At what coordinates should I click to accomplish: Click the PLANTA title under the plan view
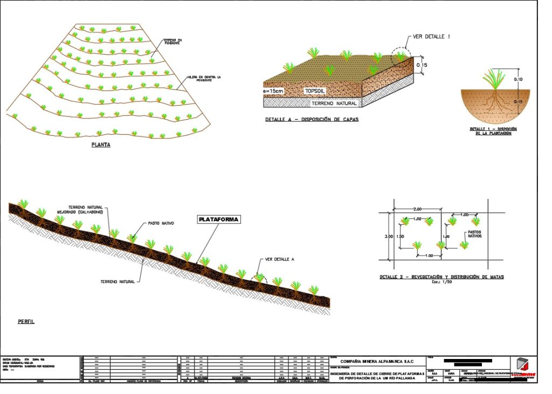coord(101,144)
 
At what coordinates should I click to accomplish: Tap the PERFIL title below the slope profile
coord(26,321)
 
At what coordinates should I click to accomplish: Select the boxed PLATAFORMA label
coord(218,220)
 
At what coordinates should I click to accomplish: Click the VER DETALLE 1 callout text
coord(431,37)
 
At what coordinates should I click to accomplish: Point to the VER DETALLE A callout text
coord(280,260)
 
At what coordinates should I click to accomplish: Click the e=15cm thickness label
coord(273,91)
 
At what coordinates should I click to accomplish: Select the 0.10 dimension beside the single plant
coord(519,79)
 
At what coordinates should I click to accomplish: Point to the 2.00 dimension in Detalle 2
coord(417,209)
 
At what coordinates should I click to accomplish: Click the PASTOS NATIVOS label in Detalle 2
coord(474,234)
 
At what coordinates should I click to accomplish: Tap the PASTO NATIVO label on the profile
coord(160,223)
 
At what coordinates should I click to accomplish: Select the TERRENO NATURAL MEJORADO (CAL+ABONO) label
coord(85,209)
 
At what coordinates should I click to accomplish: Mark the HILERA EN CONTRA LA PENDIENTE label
coord(204,78)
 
